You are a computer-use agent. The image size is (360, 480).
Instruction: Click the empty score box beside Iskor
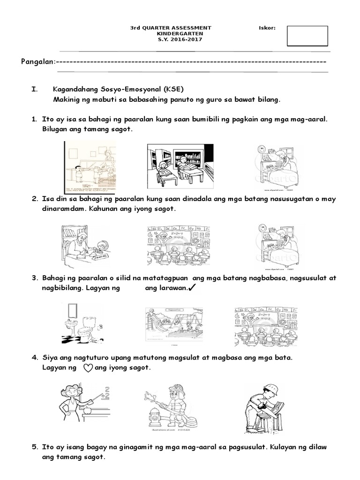click(307, 36)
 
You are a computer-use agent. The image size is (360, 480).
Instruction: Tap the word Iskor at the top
click(267, 28)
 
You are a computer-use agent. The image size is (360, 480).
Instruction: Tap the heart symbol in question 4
click(88, 368)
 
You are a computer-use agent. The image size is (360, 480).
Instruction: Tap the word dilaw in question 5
click(318, 447)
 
